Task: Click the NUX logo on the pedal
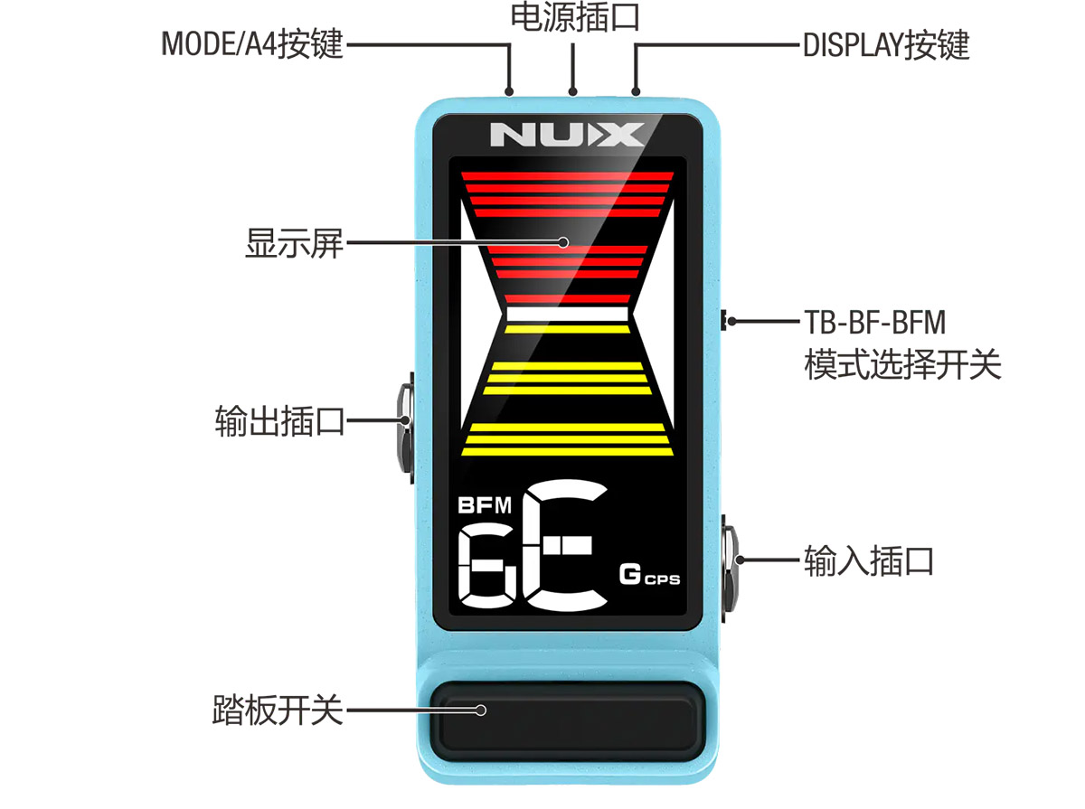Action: tap(567, 135)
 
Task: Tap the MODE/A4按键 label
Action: tap(252, 44)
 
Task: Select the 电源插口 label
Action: tap(575, 17)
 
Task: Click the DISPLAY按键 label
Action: tap(886, 45)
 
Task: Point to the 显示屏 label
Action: tap(294, 243)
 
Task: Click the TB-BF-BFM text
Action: tap(875, 322)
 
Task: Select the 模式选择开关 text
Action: tap(902, 364)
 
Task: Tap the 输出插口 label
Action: tap(279, 421)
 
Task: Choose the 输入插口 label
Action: tap(869, 561)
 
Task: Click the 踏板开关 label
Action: tap(278, 710)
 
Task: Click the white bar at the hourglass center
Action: tap(567, 315)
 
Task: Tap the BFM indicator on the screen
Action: tap(485, 505)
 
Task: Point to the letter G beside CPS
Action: tap(630, 574)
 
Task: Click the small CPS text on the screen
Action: tap(663, 579)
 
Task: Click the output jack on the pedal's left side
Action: tap(405, 428)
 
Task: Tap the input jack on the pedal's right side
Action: tap(730, 569)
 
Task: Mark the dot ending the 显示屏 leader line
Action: tap(563, 242)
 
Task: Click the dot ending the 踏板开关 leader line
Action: tap(480, 710)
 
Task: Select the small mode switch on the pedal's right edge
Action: tap(723, 320)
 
